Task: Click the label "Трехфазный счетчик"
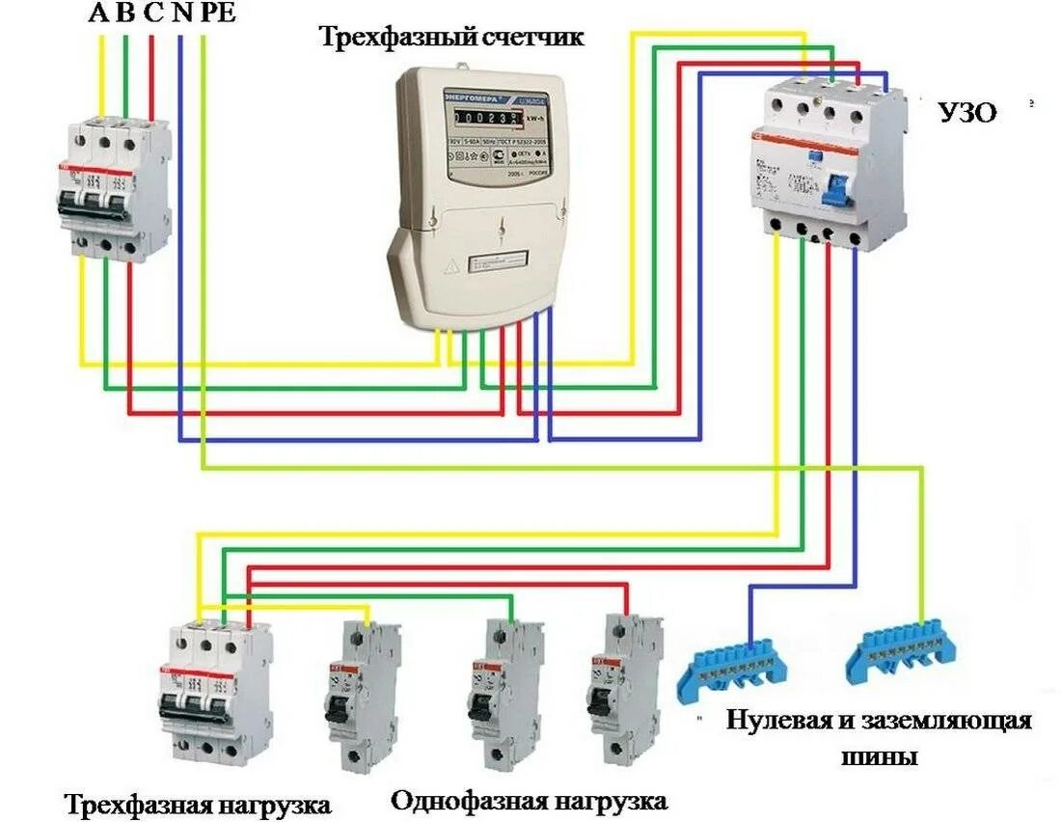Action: coord(452,38)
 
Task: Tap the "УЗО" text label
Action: coord(967,112)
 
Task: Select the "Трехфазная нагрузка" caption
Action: coord(198,804)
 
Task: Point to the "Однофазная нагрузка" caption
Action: coord(530,801)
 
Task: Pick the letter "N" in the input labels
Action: coord(180,13)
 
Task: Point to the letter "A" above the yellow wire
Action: coord(99,13)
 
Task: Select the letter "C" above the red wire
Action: coord(152,13)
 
